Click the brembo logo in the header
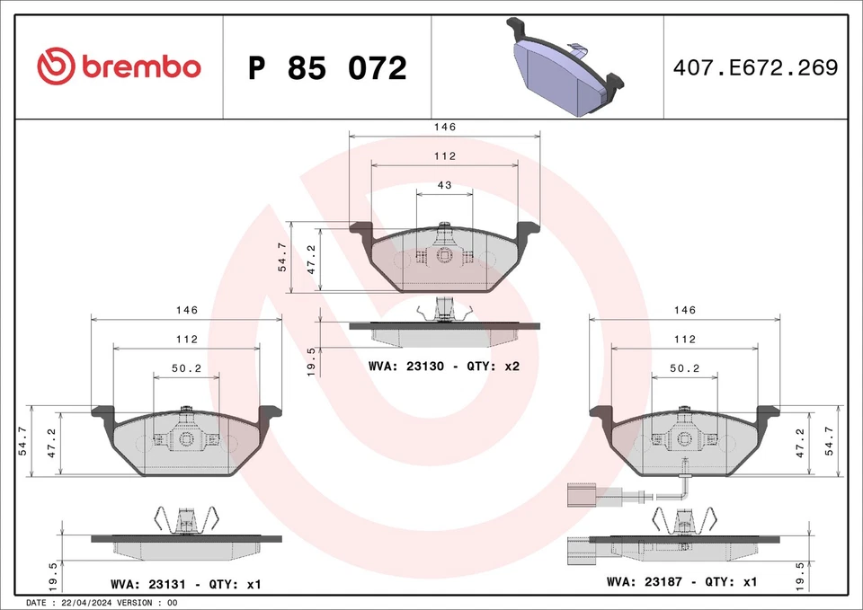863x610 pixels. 119,67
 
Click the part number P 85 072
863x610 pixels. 327,68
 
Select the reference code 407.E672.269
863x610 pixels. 754,67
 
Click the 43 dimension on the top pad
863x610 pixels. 444,185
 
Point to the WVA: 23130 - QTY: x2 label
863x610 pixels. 444,367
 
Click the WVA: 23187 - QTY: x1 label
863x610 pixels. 682,581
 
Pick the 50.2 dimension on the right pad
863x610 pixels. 684,368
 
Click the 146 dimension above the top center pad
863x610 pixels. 444,128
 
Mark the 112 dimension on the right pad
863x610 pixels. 684,340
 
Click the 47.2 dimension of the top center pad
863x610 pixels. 312,259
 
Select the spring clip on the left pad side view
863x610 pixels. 187,518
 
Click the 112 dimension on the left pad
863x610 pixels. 186,340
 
